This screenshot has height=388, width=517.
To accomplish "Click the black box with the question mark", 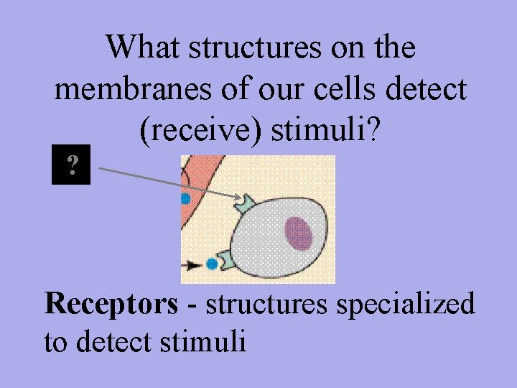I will click(71, 166).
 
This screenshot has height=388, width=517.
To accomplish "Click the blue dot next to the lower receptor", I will click(213, 264).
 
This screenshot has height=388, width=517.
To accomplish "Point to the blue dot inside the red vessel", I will click(185, 198).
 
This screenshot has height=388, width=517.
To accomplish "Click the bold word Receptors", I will click(111, 304).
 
